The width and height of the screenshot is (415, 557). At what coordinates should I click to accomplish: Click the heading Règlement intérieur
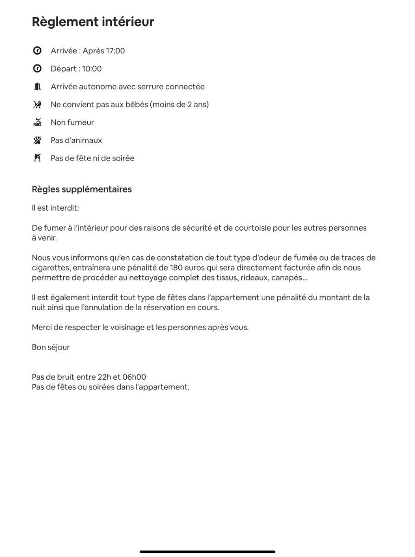point(93,22)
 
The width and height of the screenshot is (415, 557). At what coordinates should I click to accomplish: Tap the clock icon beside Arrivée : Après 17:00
point(37,51)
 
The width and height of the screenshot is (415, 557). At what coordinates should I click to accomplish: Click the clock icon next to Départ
point(37,69)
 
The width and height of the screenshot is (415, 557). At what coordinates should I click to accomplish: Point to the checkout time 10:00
point(92,69)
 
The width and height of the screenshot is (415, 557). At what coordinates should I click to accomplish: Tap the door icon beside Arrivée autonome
point(37,87)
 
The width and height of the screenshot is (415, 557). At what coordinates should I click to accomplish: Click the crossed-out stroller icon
point(37,104)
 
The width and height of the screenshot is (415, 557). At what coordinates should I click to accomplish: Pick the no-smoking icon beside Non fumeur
point(37,123)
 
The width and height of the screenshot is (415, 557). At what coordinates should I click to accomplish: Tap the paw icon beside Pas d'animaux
point(37,140)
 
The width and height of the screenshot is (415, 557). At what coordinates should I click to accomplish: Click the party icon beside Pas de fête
point(37,158)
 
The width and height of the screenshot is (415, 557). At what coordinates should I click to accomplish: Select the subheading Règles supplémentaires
point(82,189)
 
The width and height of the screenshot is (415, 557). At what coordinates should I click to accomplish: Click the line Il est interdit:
point(55,208)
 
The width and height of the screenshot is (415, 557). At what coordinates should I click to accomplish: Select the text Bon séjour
point(51,347)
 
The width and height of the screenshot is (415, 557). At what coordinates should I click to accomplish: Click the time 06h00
point(135,377)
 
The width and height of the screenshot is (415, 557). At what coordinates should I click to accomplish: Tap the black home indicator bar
point(207,551)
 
